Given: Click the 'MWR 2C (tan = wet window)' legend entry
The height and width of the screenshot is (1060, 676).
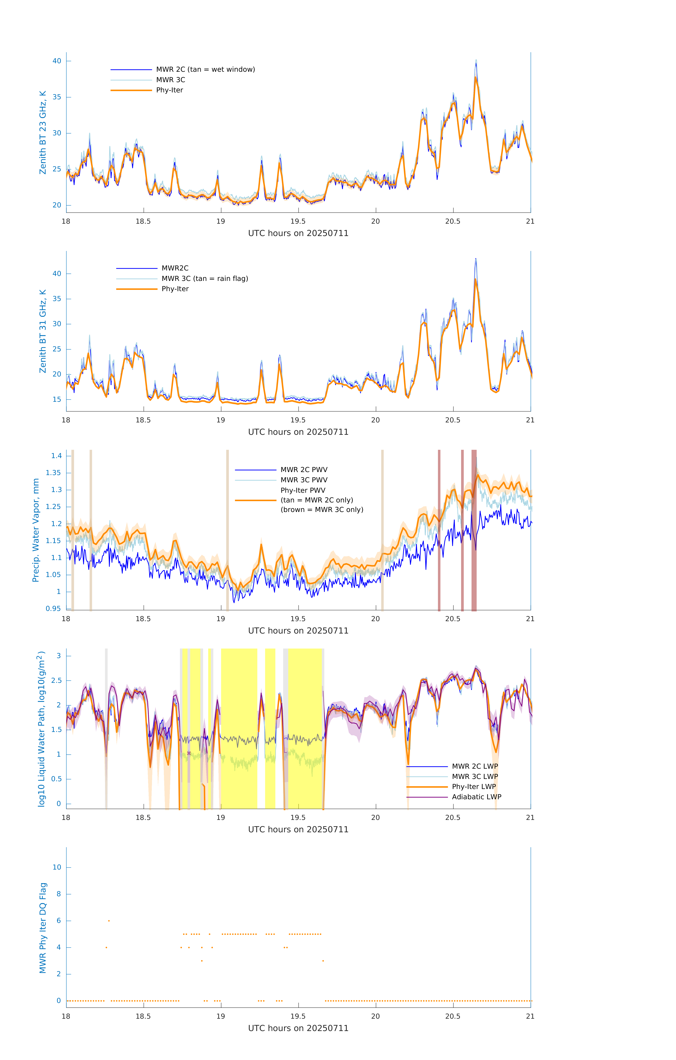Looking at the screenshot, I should (205, 70).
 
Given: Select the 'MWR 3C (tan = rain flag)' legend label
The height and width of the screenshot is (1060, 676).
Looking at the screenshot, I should (205, 279).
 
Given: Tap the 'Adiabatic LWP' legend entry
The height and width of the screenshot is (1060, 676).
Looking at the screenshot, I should (476, 797).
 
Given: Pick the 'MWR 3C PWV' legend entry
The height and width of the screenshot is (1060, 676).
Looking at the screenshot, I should (304, 480).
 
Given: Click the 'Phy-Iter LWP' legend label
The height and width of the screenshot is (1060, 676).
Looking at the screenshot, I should (474, 787).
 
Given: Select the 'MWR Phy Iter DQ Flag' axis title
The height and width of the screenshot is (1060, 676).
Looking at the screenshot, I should (43, 928).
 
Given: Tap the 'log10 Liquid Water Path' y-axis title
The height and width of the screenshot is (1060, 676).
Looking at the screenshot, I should (41, 729).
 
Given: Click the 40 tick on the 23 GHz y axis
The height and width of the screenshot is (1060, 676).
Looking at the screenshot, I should (57, 61).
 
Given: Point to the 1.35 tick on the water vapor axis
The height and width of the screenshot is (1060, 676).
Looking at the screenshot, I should (53, 473).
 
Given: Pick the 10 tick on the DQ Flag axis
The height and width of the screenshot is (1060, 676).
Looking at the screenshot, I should (57, 867).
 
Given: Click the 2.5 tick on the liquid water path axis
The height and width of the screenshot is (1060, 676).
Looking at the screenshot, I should (56, 681).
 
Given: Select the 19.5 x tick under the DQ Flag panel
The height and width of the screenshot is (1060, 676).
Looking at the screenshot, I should (298, 1016).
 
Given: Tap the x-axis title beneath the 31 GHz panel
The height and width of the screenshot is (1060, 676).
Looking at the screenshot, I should (298, 432).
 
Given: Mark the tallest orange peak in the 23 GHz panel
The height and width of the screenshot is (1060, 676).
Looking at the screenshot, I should (476, 78).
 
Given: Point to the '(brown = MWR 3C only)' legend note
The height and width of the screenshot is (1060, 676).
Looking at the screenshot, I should (322, 510).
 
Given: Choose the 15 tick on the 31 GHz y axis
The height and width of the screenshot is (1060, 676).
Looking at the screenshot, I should (57, 400).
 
